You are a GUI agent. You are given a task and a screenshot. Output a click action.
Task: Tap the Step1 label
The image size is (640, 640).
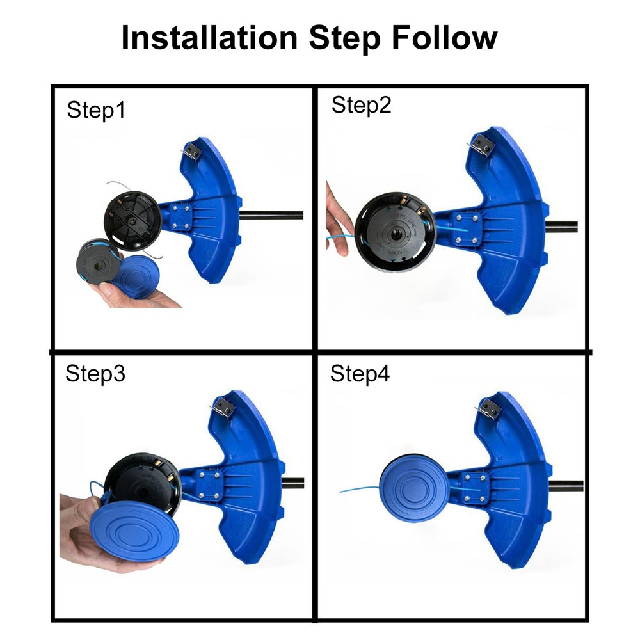point(96,111)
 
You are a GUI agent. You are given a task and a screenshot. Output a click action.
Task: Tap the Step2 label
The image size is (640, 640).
point(361,105)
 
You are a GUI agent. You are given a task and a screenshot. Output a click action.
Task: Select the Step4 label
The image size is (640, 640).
point(360,374)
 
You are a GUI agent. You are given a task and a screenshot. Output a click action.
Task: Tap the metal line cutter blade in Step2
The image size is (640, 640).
point(481,146)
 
